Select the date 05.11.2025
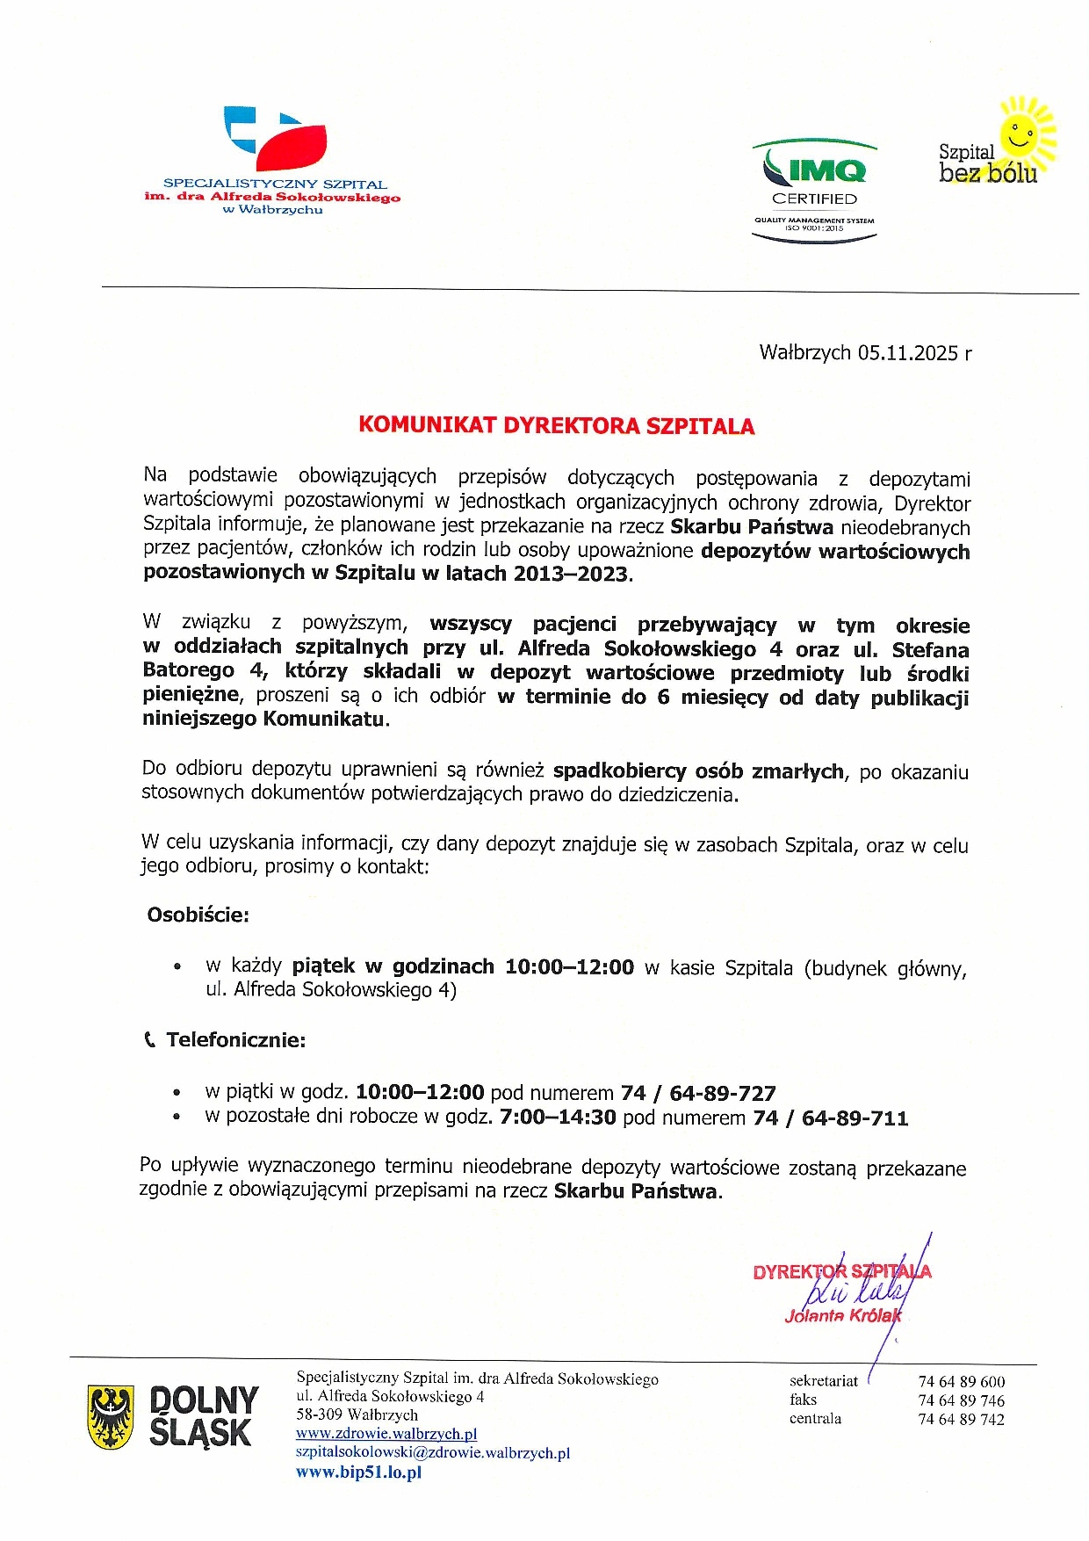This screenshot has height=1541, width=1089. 908,353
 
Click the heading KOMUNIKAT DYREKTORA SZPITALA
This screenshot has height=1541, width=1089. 556,426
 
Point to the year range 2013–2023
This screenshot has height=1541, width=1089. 571,575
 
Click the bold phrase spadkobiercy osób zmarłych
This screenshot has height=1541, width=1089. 698,771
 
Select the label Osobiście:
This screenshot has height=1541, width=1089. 198,915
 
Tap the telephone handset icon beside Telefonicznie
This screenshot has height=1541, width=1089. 149,1040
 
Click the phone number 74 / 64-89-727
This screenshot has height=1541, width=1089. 698,1093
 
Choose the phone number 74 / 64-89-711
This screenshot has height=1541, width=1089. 831,1118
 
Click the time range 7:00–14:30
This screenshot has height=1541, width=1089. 558,1118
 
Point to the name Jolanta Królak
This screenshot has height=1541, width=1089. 842,1315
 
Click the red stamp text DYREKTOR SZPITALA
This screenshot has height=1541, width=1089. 841,1271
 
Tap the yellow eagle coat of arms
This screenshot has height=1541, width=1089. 111,1416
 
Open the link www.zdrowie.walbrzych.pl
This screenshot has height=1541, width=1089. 386,1434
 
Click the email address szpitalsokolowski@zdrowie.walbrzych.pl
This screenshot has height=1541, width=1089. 433,1453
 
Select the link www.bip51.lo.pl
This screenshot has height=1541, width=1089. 358,1472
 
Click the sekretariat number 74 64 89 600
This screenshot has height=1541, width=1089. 962,1382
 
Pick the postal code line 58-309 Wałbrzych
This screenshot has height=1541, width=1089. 357,1414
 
